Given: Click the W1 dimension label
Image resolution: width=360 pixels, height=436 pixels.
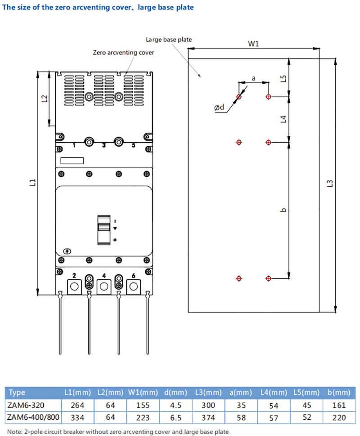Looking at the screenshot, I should (x=254, y=44).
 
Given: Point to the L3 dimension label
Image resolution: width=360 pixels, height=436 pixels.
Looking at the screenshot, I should (x=329, y=184).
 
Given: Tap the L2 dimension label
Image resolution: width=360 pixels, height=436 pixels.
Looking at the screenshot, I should (x=44, y=98).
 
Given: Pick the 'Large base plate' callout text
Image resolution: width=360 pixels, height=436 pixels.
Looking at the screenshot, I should (x=169, y=40).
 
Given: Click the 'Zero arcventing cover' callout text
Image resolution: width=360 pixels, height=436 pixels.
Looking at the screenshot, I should (x=123, y=52).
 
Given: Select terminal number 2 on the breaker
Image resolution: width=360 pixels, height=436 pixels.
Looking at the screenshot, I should (x=74, y=275).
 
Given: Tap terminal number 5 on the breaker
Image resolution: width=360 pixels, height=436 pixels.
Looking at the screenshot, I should (x=133, y=145).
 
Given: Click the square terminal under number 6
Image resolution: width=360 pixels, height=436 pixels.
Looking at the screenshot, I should (x=134, y=286).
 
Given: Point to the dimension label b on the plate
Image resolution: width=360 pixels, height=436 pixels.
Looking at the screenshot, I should (x=283, y=210).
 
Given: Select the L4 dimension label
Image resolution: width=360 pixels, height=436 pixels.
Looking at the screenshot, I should (x=283, y=119).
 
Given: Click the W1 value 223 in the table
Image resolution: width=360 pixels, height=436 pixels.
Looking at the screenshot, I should (x=143, y=418).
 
